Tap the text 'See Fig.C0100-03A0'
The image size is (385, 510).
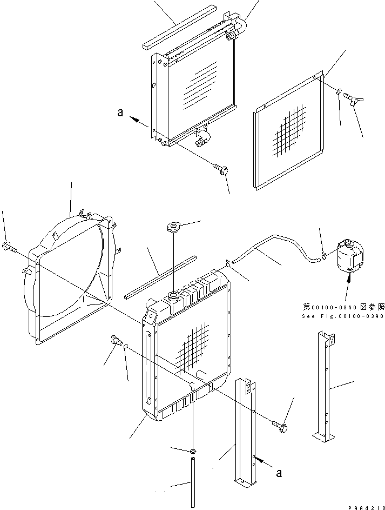click(x=343, y=316)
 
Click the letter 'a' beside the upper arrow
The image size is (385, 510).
click(x=120, y=113)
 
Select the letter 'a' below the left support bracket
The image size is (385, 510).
click(x=279, y=472)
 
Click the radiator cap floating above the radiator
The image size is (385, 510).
click(x=175, y=227)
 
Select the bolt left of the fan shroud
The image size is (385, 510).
click(x=9, y=248)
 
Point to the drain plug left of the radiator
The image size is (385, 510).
click(x=115, y=341)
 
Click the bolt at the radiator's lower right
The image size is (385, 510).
click(x=281, y=427)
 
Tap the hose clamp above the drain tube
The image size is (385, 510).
click(x=193, y=452)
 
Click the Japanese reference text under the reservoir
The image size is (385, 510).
click(x=342, y=307)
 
